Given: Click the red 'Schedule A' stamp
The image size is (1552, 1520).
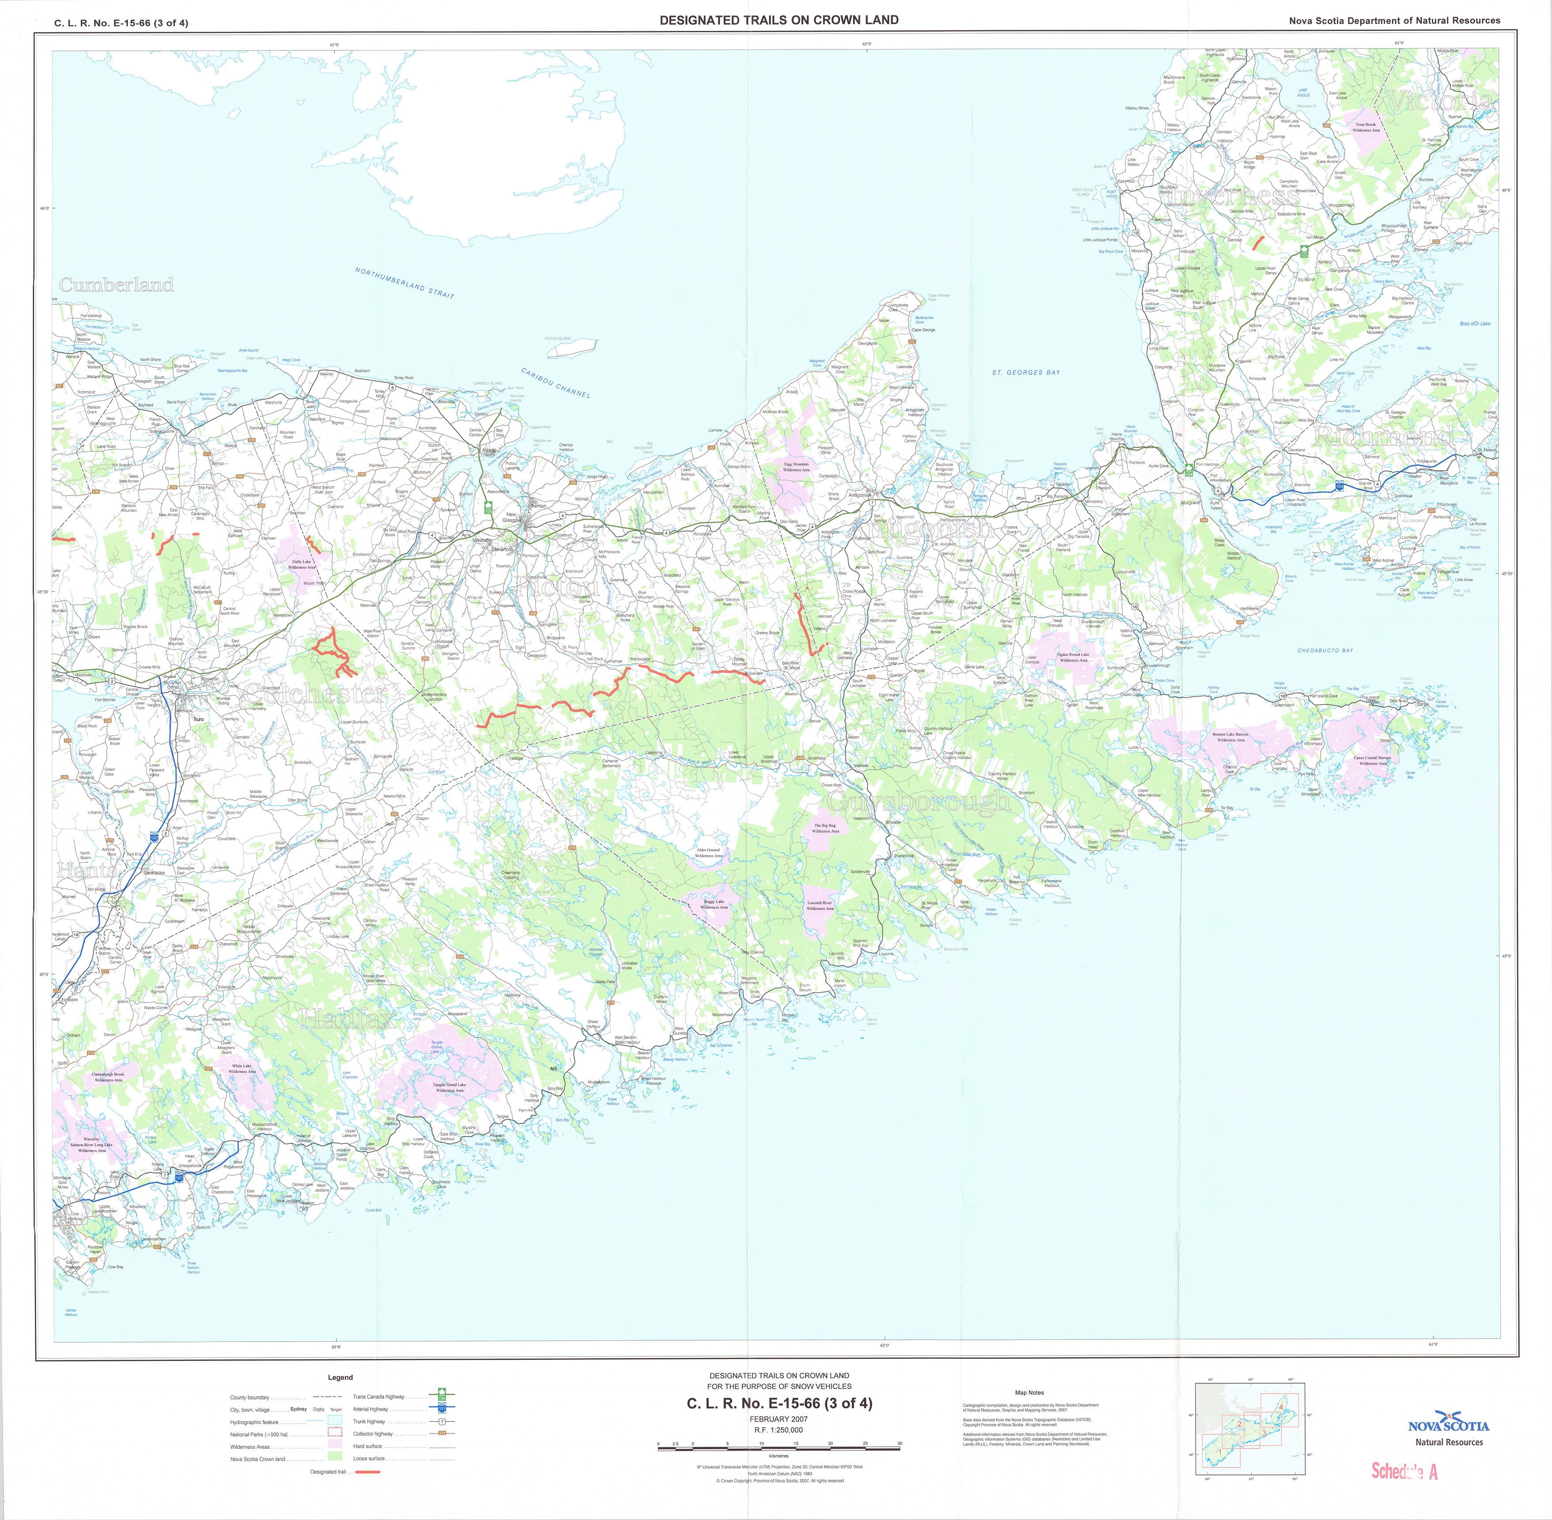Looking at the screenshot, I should click(x=1404, y=1471).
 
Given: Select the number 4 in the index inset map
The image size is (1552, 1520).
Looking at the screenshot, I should click(x=1280, y=1407).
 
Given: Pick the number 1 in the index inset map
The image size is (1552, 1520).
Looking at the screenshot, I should click(x=1220, y=1450).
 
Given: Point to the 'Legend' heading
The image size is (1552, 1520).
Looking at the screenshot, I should click(x=340, y=1377).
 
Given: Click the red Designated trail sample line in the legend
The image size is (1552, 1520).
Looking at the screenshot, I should click(x=368, y=1471).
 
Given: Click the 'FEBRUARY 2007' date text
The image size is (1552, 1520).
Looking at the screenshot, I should click(x=778, y=1418).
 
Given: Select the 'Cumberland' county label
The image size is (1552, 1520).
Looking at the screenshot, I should click(x=117, y=285).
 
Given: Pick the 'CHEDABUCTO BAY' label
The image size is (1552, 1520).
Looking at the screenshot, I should click(x=1325, y=650).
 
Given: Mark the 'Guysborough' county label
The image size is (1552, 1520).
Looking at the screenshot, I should click(x=918, y=801).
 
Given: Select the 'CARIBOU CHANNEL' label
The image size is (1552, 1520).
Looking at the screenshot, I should click(x=555, y=382).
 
